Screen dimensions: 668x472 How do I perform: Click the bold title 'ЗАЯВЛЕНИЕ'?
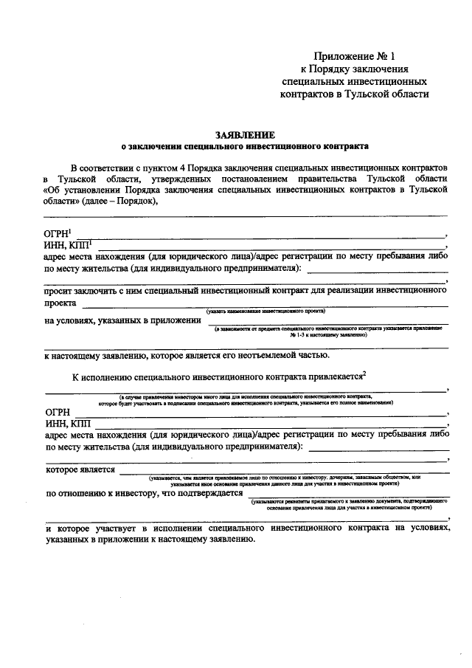pyautogui.click(x=244, y=135)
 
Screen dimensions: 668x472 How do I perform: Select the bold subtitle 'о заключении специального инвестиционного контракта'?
pyautogui.click(x=244, y=146)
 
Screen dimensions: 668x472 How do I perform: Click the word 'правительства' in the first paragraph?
pyautogui.click(x=358, y=179)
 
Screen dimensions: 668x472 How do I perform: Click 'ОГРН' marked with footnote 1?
pyautogui.click(x=58, y=234)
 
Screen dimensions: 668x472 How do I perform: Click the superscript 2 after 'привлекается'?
pyautogui.click(x=365, y=374)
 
